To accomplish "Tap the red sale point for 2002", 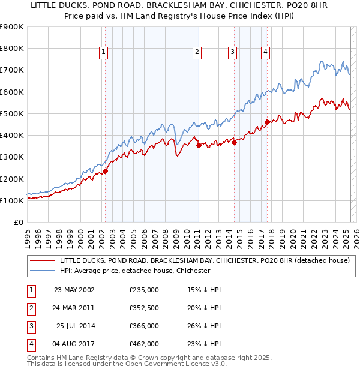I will point(105,171).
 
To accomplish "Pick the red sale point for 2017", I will point(266,122).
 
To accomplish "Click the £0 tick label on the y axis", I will point(19,223).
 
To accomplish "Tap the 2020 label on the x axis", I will point(292,236).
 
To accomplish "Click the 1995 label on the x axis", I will point(28,236).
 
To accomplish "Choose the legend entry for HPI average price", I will point(135,271).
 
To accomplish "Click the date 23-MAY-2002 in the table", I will point(74,290).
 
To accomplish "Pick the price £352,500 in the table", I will point(144,308).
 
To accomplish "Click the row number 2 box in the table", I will point(30,308).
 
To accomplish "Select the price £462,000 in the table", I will point(144,344).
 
